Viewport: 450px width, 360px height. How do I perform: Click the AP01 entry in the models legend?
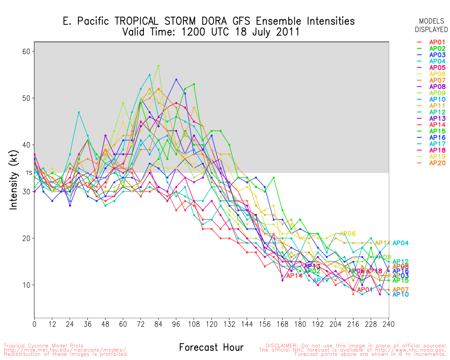[x=437, y=42]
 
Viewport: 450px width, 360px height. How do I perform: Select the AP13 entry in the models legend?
[x=437, y=118]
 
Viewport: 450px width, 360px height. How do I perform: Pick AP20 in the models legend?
[x=437, y=163]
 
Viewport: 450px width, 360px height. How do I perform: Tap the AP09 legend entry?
[x=437, y=93]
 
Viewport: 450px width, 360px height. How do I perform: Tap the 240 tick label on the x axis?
[x=388, y=324]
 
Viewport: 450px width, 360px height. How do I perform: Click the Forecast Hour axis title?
[x=211, y=348]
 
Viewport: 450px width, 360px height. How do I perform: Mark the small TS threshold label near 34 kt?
[x=29, y=173]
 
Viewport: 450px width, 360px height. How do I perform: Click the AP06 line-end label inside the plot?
[x=347, y=234]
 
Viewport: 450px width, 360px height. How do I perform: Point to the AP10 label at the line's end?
[x=400, y=295]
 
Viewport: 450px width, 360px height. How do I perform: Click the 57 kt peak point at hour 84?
[x=159, y=65]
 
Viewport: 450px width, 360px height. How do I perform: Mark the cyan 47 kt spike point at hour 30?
[x=79, y=112]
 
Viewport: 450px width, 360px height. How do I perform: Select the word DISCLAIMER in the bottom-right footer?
[x=281, y=346]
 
